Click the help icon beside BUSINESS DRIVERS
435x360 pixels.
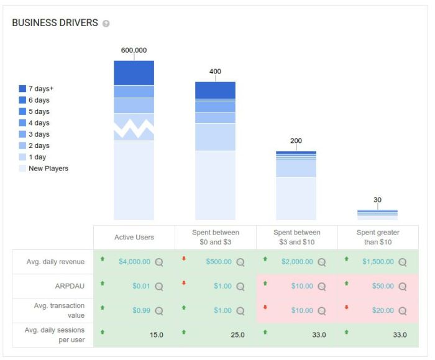click(x=106, y=24)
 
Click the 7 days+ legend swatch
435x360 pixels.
click(x=23, y=89)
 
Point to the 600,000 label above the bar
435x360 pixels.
click(x=134, y=50)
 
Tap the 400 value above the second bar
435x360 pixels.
click(x=215, y=72)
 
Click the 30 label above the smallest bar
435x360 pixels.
click(x=377, y=200)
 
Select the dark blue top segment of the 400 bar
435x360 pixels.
click(x=215, y=91)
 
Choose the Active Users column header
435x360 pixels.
click(x=134, y=238)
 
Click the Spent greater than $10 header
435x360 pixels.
click(x=377, y=237)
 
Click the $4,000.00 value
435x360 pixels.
click(x=134, y=262)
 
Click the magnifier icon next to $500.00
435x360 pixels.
click(x=240, y=262)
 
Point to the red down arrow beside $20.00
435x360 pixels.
click(x=346, y=307)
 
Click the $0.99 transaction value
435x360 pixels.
click(x=141, y=310)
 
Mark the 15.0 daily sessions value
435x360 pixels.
click(x=156, y=335)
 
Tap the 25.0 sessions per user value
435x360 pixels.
click(x=237, y=335)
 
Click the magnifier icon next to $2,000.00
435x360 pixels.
click(x=322, y=262)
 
